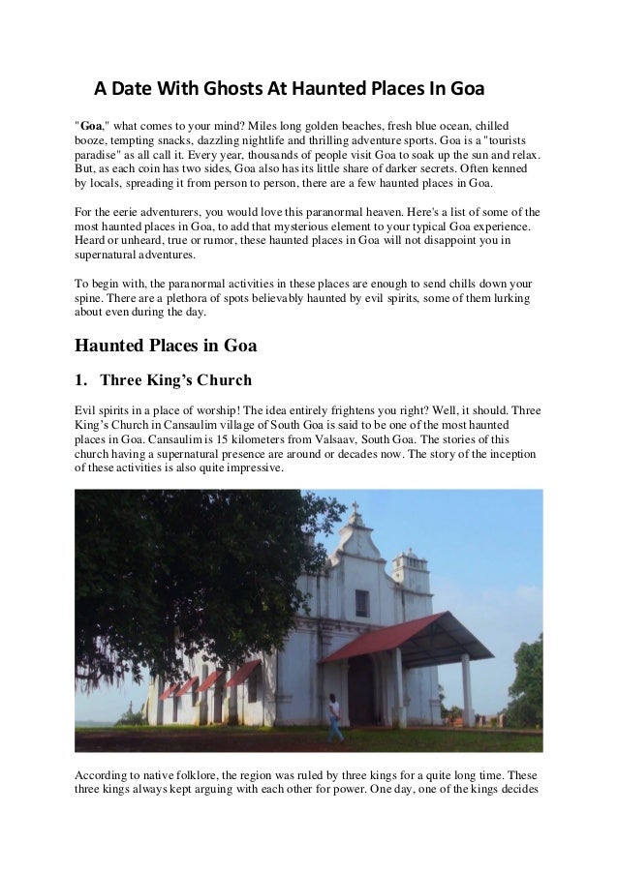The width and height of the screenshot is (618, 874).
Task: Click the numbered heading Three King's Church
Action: pos(177,378)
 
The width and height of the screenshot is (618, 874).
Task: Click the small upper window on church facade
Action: pos(361,604)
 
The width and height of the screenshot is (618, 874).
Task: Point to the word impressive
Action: pos(254,467)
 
